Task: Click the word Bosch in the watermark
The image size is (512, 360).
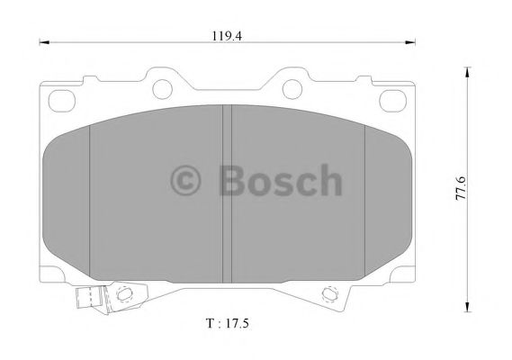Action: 280,181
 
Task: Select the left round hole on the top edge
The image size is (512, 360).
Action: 162,88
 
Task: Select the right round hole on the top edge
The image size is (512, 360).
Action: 292,88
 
